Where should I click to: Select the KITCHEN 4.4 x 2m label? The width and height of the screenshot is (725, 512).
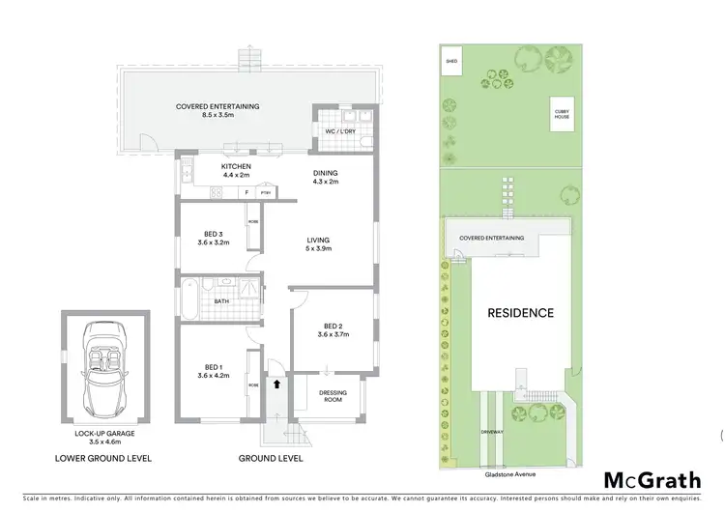coord(209,171)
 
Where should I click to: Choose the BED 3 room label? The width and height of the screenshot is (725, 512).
coord(214,238)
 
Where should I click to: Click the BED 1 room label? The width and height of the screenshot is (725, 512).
coord(214,371)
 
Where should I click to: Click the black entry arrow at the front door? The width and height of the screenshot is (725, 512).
coord(279,384)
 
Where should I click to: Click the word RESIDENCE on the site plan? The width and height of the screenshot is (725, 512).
coord(520,313)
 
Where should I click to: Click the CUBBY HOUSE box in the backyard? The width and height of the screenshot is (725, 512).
coord(562,113)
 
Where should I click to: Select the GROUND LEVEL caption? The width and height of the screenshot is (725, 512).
coord(270,458)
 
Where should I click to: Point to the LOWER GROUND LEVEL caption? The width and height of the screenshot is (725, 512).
coord(104,458)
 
